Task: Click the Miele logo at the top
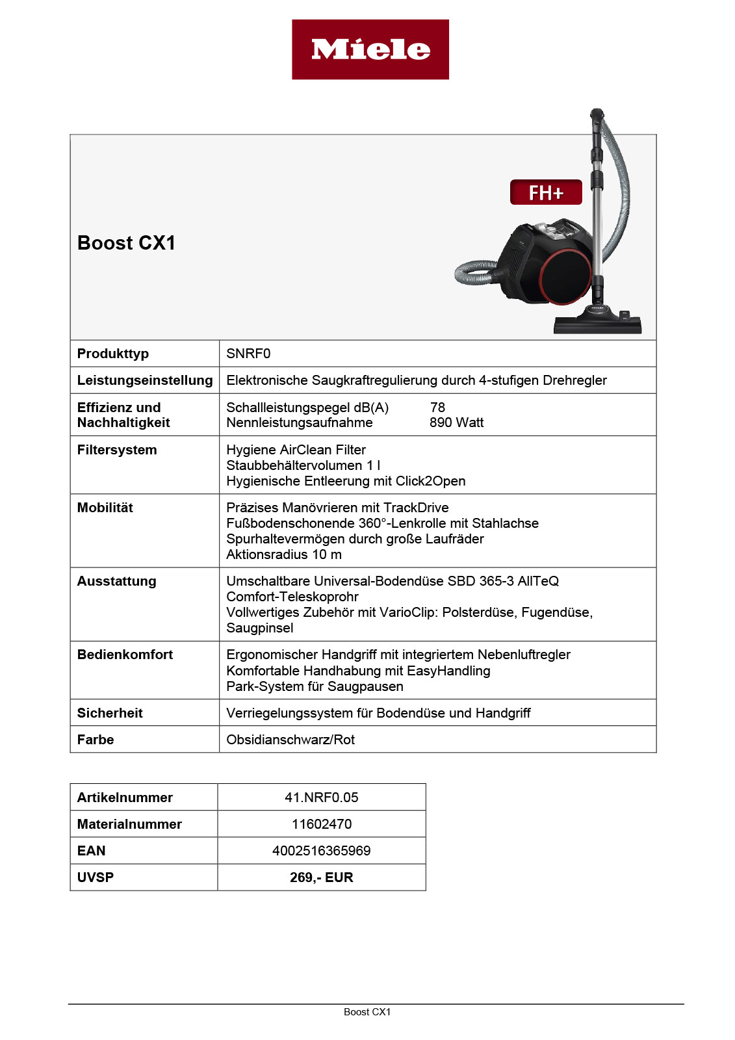click(x=370, y=49)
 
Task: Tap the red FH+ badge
click(x=545, y=192)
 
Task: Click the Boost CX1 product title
click(x=127, y=243)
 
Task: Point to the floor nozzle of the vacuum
click(x=597, y=324)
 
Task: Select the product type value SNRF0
click(x=248, y=354)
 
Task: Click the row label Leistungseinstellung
click(x=144, y=380)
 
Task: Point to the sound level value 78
click(x=437, y=408)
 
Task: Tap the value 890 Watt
click(x=456, y=422)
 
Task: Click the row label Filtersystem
click(x=117, y=450)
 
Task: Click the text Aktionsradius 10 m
click(x=284, y=554)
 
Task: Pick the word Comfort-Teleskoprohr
click(x=292, y=597)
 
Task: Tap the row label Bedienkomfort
click(x=125, y=655)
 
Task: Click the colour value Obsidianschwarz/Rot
click(x=290, y=740)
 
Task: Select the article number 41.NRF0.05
click(x=321, y=798)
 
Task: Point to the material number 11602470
click(x=321, y=824)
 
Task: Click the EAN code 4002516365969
click(x=321, y=851)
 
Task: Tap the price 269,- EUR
click(x=321, y=877)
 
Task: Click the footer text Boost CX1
click(x=367, y=1012)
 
